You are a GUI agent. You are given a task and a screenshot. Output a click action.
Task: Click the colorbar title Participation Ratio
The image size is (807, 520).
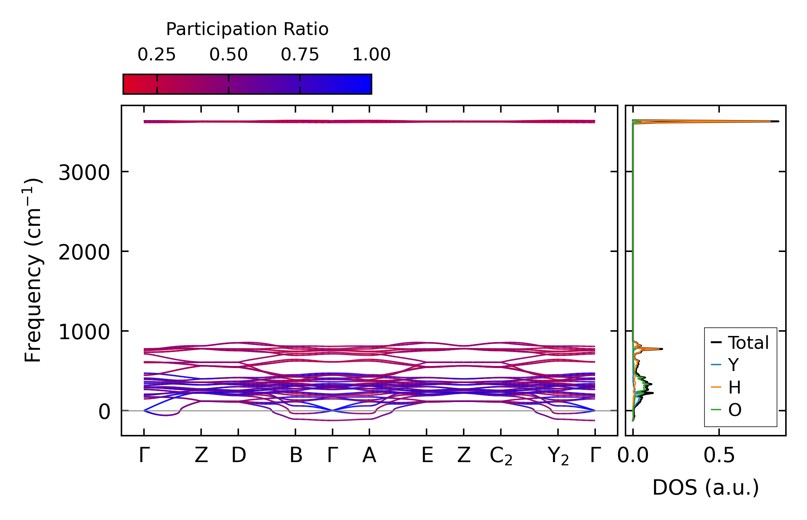pyautogui.click(x=247, y=29)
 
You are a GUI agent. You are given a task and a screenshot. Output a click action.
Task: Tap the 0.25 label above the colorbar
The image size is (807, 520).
pyautogui.click(x=157, y=55)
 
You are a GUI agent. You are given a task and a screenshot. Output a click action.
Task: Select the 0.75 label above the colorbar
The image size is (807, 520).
pyautogui.click(x=300, y=55)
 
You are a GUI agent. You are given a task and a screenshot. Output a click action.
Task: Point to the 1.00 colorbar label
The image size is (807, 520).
pyautogui.click(x=372, y=55)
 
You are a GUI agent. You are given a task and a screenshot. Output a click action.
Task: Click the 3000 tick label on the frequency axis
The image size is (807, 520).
pyautogui.click(x=84, y=173)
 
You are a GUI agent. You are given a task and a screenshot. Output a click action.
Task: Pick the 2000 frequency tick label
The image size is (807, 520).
pyautogui.click(x=84, y=253)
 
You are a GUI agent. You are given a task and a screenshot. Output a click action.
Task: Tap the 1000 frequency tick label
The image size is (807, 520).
pyautogui.click(x=84, y=332)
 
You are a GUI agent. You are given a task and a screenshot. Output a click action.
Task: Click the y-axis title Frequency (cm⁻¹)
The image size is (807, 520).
pyautogui.click(x=33, y=271)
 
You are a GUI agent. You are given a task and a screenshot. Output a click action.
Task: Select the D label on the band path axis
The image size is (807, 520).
pyautogui.click(x=238, y=455)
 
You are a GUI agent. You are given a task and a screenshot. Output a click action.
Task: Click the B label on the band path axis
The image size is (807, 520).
pyautogui.click(x=296, y=455)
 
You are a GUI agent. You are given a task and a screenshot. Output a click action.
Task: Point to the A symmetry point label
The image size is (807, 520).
pyautogui.click(x=369, y=455)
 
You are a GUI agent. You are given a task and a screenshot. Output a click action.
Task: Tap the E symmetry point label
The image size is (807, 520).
pyautogui.click(x=427, y=455)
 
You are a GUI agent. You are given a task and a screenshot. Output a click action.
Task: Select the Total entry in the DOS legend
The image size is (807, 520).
pyautogui.click(x=748, y=343)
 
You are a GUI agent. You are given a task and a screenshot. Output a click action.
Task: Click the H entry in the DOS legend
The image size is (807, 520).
pyautogui.click(x=734, y=387)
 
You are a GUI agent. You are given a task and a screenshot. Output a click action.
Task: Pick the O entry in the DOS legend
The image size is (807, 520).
pyautogui.click(x=735, y=410)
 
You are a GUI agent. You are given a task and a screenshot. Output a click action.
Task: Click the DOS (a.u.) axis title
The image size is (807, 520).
pyautogui.click(x=706, y=487)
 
